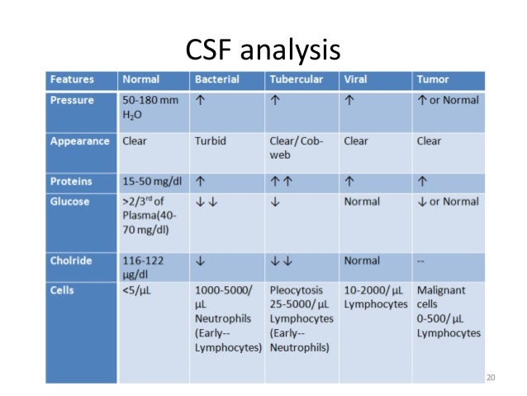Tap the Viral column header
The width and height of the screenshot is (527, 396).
356,80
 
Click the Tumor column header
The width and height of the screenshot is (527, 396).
434,80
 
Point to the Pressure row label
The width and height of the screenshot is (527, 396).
72,100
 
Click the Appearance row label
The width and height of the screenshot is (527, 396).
79,141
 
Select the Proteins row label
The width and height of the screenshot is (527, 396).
72,181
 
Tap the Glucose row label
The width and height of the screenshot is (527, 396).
70,201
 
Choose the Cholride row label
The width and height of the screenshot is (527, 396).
72,261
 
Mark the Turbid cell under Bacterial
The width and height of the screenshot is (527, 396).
210,141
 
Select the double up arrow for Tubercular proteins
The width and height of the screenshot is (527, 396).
280,181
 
